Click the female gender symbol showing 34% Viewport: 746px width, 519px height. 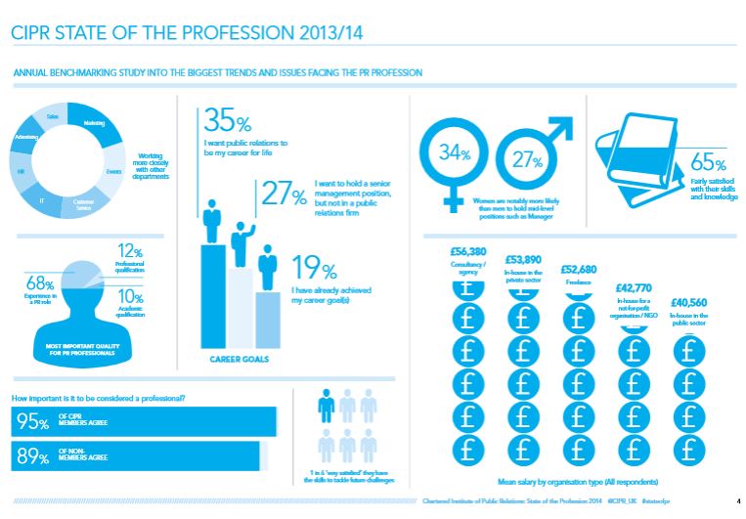[452, 156]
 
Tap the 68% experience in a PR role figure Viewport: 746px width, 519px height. [39, 283]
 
